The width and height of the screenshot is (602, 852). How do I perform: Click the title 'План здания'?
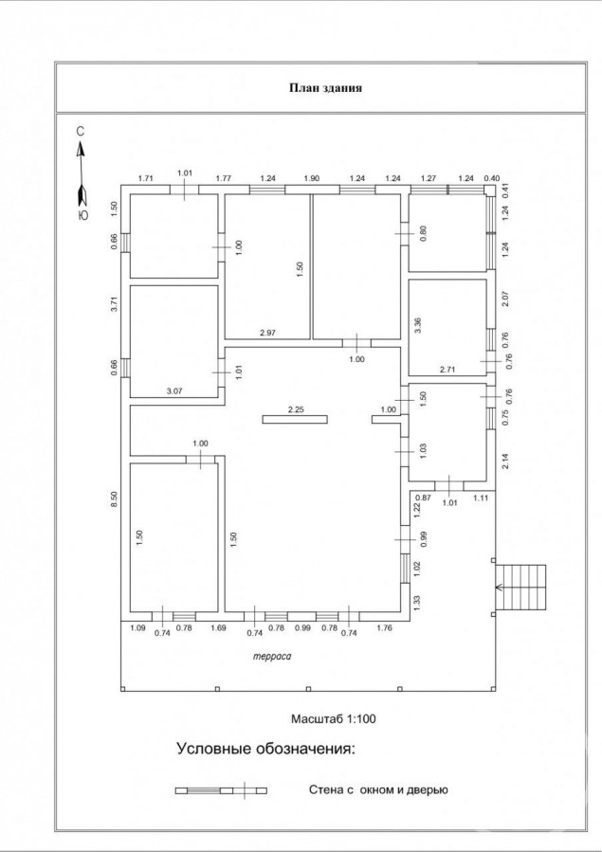pyautogui.click(x=325, y=87)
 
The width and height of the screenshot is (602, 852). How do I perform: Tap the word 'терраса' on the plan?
pyautogui.click(x=272, y=657)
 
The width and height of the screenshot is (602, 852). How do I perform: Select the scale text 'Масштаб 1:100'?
pyautogui.click(x=334, y=719)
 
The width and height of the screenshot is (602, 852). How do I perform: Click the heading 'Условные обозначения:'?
pyautogui.click(x=265, y=748)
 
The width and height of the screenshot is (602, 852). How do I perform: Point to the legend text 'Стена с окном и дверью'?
pyautogui.click(x=378, y=789)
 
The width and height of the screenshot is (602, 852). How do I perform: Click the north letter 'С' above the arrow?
pyautogui.click(x=81, y=132)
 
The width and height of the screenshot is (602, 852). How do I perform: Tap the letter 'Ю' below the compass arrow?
pyautogui.click(x=82, y=215)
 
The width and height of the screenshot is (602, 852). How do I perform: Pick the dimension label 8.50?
pyautogui.click(x=114, y=499)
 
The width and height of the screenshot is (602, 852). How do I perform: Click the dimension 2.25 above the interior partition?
pyautogui.click(x=296, y=409)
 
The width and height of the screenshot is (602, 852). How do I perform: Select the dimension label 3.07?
pyautogui.click(x=173, y=390)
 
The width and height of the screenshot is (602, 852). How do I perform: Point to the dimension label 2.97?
pyautogui.click(x=268, y=333)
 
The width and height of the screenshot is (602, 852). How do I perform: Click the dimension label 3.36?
pyautogui.click(x=418, y=325)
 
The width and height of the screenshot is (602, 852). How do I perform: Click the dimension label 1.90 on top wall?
pyautogui.click(x=311, y=177)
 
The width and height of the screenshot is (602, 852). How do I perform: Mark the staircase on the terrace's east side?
pyautogui.click(x=520, y=588)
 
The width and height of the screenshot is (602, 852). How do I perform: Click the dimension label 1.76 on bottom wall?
pyautogui.click(x=384, y=628)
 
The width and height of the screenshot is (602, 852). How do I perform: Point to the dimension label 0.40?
pyautogui.click(x=492, y=177)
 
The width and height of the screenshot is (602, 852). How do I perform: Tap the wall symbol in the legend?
pyautogui.click(x=221, y=790)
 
